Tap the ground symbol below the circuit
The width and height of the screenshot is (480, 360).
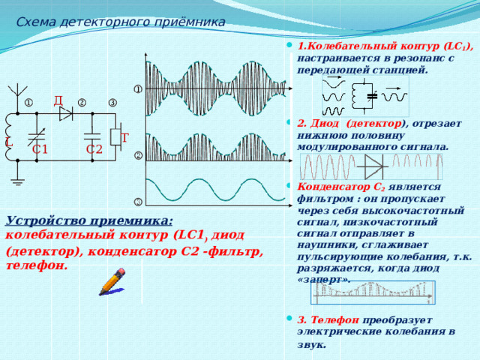click(18, 181)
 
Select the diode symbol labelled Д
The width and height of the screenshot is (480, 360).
click(66, 113)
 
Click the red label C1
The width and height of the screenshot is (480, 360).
click(40, 149)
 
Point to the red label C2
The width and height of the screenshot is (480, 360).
click(94, 149)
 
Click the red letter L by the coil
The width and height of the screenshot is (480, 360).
click(9, 142)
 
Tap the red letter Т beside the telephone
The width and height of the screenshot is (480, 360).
click(125, 138)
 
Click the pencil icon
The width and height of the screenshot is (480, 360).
click(112, 282)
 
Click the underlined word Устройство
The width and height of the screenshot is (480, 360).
click(46, 220)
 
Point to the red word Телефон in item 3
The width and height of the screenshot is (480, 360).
click(335, 320)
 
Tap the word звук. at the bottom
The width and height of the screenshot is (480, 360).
click(312, 345)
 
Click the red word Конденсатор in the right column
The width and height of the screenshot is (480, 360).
click(334, 187)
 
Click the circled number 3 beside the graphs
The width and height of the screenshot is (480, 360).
click(139, 202)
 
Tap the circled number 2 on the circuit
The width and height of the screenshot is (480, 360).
click(82, 103)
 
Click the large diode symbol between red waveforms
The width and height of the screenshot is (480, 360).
click(373, 166)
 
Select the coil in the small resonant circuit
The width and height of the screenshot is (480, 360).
click(355, 95)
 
